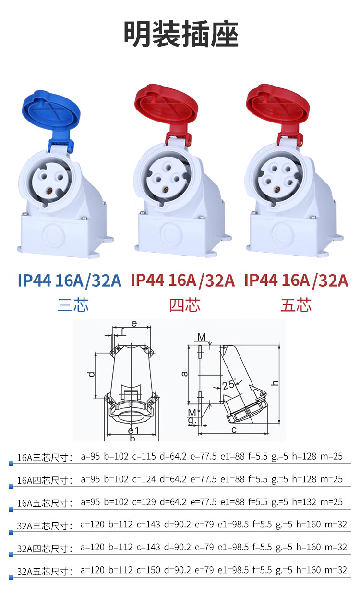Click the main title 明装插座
pos(181,34)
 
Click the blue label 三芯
pos(73,305)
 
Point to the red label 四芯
pos(185,305)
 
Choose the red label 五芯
pos(296,305)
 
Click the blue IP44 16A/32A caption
pos(70,281)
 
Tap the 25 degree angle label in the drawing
pos(228,385)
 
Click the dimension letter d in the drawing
pos(91,374)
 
